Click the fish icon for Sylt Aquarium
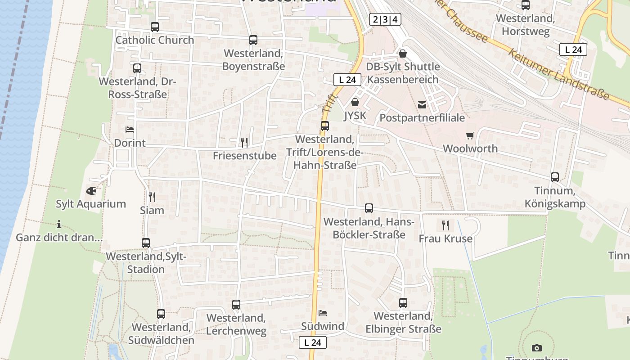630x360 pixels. coord(91,190)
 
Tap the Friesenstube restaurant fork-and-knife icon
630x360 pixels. coord(244,143)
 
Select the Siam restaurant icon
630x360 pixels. coord(152,197)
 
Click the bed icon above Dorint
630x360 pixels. coord(130,130)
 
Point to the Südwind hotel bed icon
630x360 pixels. coord(323,313)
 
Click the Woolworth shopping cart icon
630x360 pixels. coord(470,135)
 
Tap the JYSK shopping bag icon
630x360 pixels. coord(355,103)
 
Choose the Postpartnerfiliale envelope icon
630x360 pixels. coord(422,105)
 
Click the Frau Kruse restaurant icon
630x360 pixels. coord(445,225)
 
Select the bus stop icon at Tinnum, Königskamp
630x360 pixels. coord(555,177)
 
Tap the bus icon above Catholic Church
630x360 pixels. coord(155,27)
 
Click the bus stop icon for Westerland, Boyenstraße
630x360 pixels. coord(253,40)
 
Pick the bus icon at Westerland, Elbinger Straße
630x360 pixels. coord(403,303)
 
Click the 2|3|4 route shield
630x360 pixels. coord(385,19)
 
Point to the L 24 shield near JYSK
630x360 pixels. coord(347,80)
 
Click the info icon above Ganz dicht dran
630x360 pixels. coord(59,224)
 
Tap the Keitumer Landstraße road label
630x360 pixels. coord(559,74)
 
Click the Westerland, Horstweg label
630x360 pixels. coord(526,25)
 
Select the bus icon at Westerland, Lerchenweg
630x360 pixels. coord(236,305)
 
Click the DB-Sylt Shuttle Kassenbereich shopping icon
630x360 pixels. coord(403,54)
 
